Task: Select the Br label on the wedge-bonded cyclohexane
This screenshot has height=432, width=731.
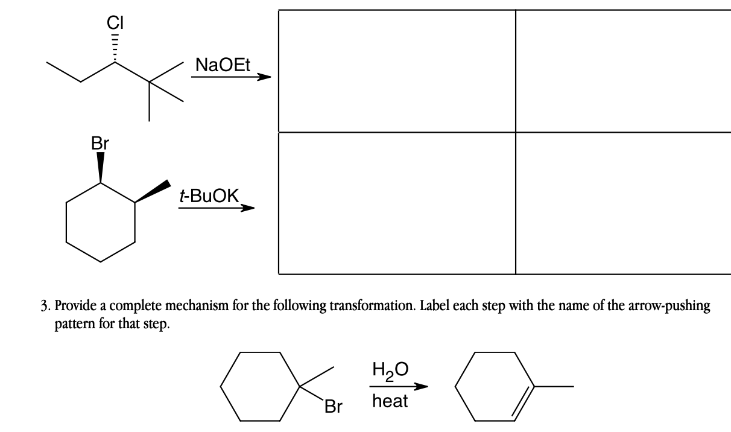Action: pos(100,144)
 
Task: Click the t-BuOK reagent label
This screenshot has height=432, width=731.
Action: pos(209,196)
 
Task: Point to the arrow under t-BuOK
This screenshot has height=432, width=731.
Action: pos(216,208)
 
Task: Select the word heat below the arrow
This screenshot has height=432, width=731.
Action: pos(390,401)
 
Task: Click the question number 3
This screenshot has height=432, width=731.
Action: pos(45,306)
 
